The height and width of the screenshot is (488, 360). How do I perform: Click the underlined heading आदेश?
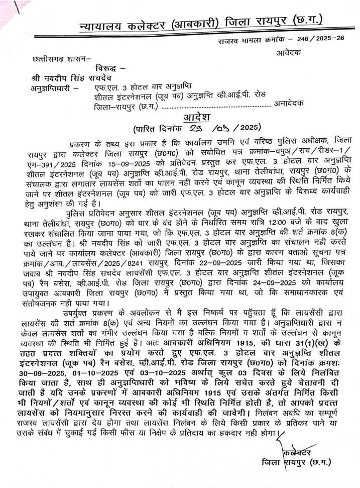195,116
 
